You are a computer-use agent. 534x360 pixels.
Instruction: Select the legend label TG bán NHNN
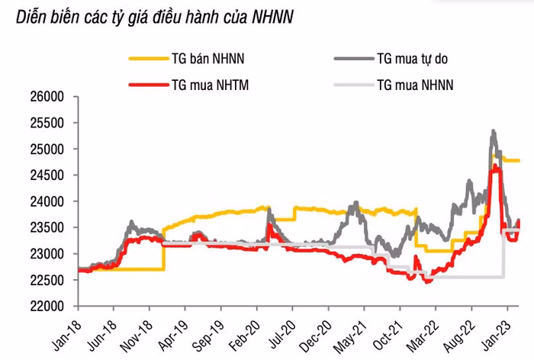coord(208,58)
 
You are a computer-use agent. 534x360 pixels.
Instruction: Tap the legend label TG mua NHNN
coord(415,85)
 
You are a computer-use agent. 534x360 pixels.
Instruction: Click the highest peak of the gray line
coord(494,131)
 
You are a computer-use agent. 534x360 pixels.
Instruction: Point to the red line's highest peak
coord(496,166)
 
